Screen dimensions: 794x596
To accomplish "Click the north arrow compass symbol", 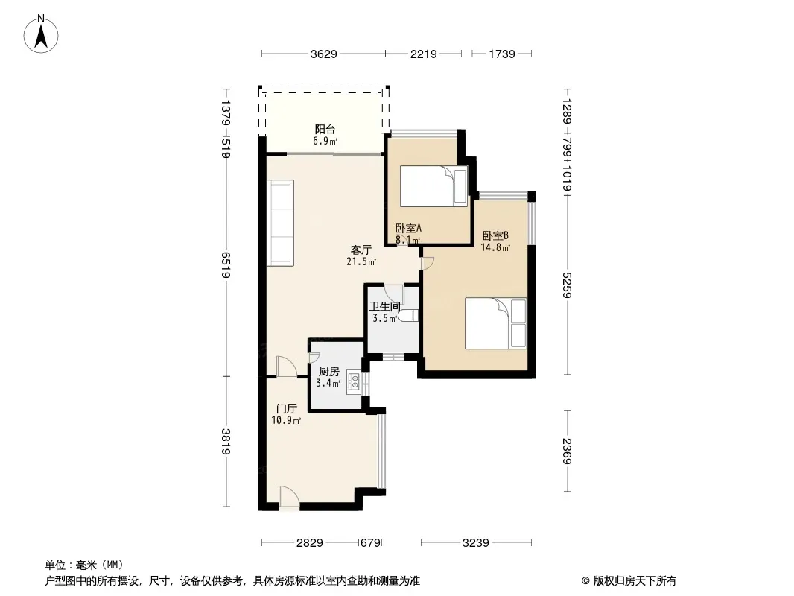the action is [x=41, y=34].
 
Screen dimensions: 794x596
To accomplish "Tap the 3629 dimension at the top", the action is [x=323, y=54].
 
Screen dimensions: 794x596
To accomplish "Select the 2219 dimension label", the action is [x=423, y=54].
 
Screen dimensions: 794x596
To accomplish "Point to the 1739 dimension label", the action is [x=502, y=54].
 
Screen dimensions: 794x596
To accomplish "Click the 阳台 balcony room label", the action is [x=325, y=130].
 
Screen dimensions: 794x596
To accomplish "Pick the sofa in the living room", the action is [x=281, y=223].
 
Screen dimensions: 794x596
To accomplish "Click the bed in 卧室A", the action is [x=433, y=186].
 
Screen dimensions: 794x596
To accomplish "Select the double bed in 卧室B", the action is [x=496, y=323].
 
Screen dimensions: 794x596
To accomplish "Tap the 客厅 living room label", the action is [x=361, y=250].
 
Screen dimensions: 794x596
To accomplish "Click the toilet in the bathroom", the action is [x=408, y=316].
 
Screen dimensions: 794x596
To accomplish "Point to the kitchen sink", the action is [x=354, y=384].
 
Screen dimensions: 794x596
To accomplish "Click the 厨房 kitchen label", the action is [x=329, y=372].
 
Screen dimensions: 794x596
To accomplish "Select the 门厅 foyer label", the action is [x=287, y=409].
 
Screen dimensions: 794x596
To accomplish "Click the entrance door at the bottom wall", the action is [x=289, y=498].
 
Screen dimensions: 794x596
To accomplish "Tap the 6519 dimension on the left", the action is [x=226, y=264].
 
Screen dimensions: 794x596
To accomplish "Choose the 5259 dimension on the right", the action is [x=567, y=285].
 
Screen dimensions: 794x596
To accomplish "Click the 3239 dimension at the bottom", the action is [x=475, y=543].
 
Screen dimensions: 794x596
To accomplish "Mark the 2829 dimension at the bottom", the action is [x=309, y=543].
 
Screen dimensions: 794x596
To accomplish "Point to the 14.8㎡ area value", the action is [x=495, y=247].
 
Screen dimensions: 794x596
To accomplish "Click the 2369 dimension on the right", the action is [x=567, y=451].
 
